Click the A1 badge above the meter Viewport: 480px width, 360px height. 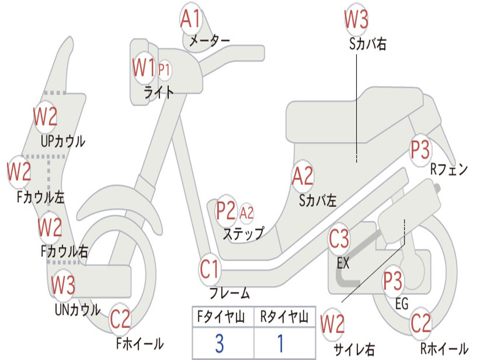coord(190,18)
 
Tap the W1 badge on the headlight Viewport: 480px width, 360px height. coord(144,67)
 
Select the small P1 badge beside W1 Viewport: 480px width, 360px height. coord(164,70)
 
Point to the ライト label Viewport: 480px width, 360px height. coord(158,92)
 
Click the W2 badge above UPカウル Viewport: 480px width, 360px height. coord(45,116)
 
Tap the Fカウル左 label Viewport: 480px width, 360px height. coord(41,197)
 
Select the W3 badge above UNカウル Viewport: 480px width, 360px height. coord(63,285)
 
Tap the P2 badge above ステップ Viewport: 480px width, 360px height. coord(226,210)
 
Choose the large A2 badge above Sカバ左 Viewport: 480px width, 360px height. coord(303,176)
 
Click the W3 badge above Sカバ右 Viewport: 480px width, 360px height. coord(356,19)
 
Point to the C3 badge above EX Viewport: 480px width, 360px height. coord(339,239)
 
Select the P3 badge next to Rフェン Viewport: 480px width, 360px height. coord(420,150)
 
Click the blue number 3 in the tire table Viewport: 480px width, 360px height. coord(219,343)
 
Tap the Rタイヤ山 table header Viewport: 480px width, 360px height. coord(285,317)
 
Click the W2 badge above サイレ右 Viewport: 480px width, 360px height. coord(332,324)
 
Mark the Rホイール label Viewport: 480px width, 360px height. coord(444,348)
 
